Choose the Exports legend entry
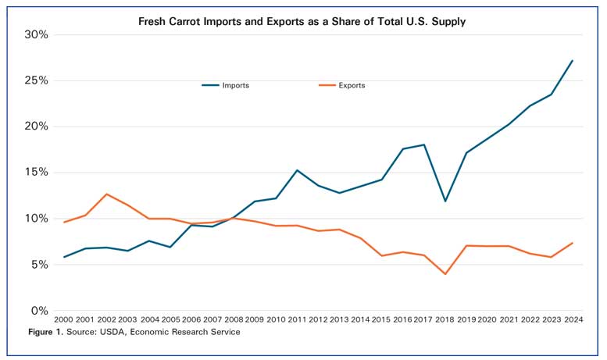pyautogui.click(x=352, y=85)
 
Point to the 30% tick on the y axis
pyautogui.click(x=36, y=35)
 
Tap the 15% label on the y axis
pyautogui.click(x=36, y=173)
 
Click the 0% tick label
pyautogui.click(x=39, y=311)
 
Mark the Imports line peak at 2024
pyautogui.click(x=573, y=61)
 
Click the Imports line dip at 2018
pyautogui.click(x=445, y=201)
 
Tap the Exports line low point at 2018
pyautogui.click(x=445, y=274)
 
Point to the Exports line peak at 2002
pyautogui.click(x=106, y=194)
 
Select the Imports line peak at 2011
pyautogui.click(x=297, y=170)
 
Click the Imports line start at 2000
pyautogui.click(x=64, y=257)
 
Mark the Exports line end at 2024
pyautogui.click(x=573, y=243)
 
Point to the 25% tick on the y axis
pyautogui.click(x=36, y=80)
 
